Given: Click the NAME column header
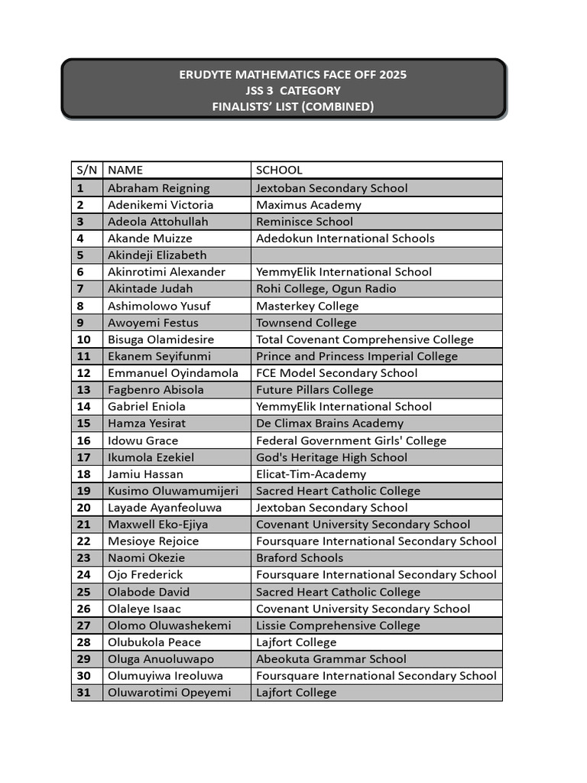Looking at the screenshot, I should coord(125,171).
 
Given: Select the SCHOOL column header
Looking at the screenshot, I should coord(279,171).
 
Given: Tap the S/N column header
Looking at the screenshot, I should coord(86,171).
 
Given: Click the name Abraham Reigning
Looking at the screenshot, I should coord(158,188).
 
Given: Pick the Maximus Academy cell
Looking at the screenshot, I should coord(309,205).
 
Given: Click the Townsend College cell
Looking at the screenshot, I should coord(306,323).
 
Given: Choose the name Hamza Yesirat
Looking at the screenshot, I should coord(147,424).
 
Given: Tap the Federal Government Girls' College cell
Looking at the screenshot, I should coord(351,440).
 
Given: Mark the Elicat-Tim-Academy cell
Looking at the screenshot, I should coord(311,474).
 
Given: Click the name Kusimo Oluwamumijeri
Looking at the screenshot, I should coord(173,491).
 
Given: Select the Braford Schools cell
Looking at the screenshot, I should coord(300,558).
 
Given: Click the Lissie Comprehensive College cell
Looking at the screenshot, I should coord(338,625).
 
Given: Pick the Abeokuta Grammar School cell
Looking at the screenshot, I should coord(331,659).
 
